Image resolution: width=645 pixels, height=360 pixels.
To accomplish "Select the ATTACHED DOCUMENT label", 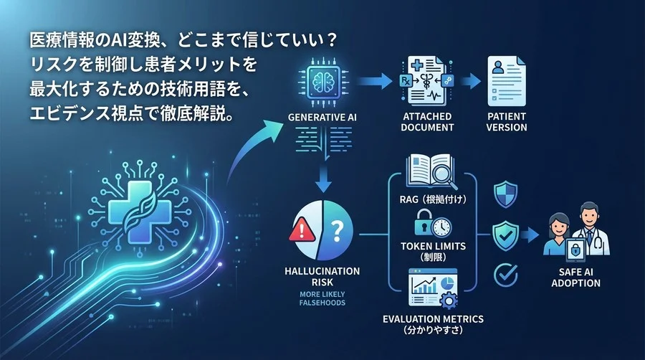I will coord(429,121).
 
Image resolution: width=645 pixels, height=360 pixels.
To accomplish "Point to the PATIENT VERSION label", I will coord(507,121).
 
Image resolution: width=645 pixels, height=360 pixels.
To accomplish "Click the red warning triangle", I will coord(300,232).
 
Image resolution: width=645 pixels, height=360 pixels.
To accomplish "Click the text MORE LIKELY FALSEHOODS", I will coord(320,297).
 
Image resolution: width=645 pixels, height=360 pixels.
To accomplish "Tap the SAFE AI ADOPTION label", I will coord(577,278).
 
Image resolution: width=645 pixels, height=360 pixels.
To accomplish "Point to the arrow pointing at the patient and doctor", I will coord(531,232).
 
